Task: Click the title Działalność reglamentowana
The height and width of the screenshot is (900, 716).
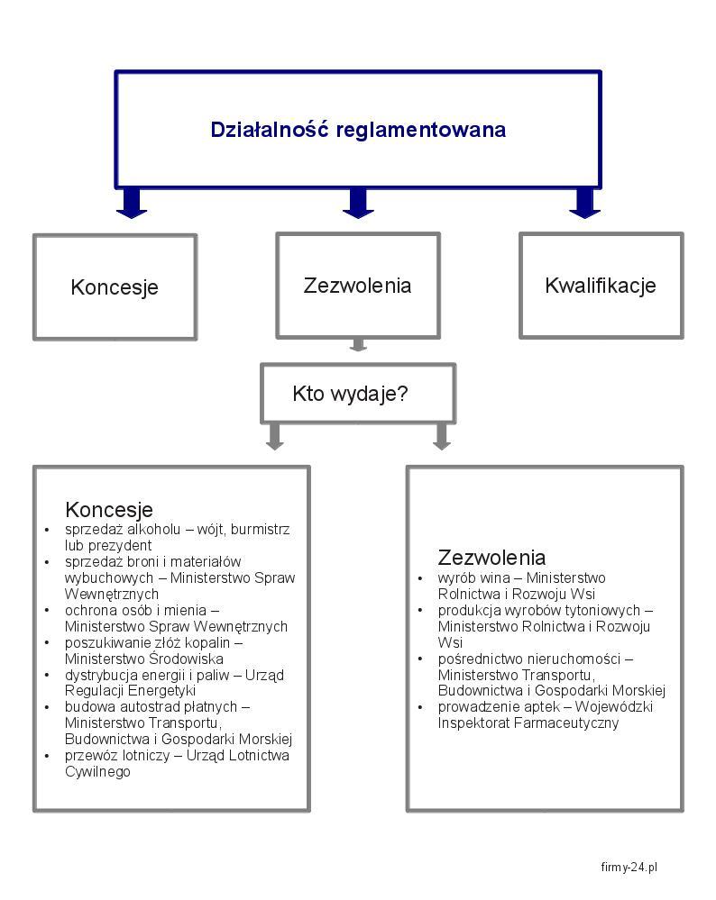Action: [358, 130]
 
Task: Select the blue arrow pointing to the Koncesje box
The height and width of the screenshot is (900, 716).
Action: [132, 203]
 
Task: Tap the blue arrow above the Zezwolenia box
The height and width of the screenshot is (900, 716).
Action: [358, 203]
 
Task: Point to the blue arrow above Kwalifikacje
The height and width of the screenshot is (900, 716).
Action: [585, 203]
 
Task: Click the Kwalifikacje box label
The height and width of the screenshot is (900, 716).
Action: [601, 286]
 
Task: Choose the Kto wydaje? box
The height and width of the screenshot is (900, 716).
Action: [358, 394]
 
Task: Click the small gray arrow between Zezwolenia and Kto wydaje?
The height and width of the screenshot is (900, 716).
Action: [358, 345]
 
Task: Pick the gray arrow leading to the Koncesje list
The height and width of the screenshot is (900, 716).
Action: [275, 437]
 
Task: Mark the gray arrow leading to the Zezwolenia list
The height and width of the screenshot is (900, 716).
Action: [441, 437]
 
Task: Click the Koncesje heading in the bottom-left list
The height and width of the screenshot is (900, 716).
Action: [109, 509]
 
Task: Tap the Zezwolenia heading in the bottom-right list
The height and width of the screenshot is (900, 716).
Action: [491, 558]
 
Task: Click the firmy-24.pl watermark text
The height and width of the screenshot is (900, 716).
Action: [629, 867]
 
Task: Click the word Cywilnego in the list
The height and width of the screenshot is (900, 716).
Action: [97, 771]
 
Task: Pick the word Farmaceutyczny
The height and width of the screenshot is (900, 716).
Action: [566, 723]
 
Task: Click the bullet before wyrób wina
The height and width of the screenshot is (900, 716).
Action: [420, 578]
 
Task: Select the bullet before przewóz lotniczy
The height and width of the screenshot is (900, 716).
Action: [47, 756]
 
